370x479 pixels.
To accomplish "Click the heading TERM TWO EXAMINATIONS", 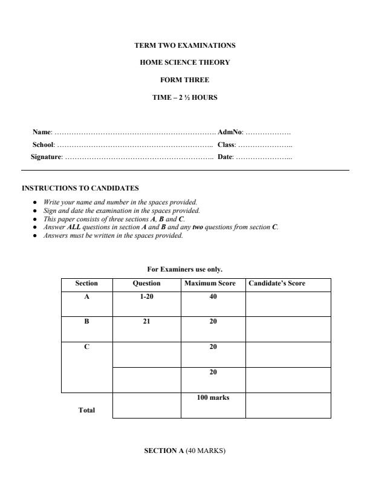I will [x=184, y=45].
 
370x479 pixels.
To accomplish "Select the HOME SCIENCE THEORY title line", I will [x=184, y=62].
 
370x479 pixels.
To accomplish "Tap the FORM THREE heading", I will [x=184, y=80].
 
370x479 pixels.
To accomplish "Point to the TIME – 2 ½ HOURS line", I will [x=184, y=97].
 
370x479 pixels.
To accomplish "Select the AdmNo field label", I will [x=230, y=131].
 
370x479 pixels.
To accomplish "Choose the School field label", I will [x=44, y=145].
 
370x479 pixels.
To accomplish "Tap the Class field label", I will [x=226, y=145].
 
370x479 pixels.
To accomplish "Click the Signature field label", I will [x=47, y=157].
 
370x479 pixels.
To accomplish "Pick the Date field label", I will [x=225, y=157].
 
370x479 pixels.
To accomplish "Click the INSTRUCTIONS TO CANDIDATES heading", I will [x=80, y=188].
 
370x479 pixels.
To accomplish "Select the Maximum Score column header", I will [x=213, y=284].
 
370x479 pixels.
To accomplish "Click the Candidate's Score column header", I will [x=277, y=284].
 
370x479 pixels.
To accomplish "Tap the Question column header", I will [x=146, y=284].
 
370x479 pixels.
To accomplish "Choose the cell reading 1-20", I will [x=146, y=296].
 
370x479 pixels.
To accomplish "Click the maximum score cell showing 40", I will [x=213, y=296].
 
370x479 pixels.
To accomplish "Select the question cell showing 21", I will [x=146, y=322].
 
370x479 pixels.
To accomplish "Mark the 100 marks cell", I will [x=213, y=398].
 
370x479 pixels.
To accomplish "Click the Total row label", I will [x=86, y=410].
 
